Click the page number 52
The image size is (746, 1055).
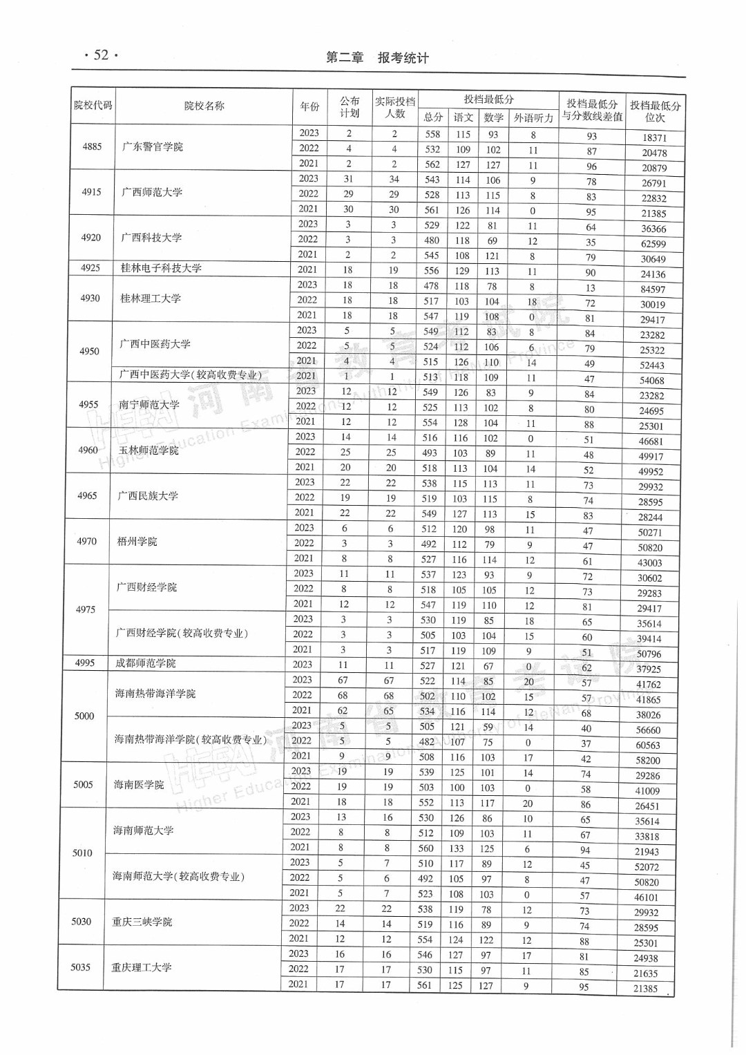101,55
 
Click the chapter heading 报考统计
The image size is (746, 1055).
403,58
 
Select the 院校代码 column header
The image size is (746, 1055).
93,106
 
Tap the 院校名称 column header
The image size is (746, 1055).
204,106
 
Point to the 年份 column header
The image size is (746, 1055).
309,106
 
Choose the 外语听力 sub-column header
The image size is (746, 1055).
533,117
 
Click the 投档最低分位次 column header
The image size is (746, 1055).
655,111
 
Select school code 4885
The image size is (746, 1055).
92,146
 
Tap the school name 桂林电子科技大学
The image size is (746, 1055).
161,268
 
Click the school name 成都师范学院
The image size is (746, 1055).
146,663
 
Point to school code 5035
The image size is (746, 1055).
81,967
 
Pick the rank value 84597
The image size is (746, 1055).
653,289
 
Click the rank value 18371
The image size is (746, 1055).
654,137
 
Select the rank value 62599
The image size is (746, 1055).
653,244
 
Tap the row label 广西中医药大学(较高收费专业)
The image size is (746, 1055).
191,374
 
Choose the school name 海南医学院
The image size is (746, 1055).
139,785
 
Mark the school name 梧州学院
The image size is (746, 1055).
137,542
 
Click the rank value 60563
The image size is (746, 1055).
648,745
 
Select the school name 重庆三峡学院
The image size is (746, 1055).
142,922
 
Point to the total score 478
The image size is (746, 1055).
431,286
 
